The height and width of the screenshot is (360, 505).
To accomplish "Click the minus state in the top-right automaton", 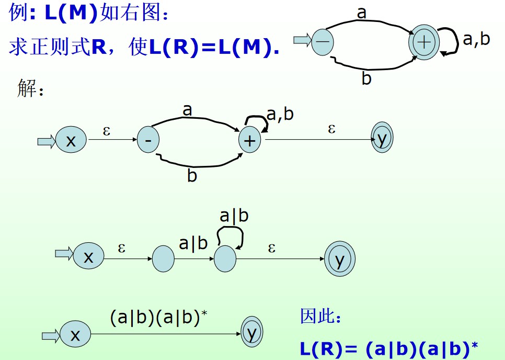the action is pos(323,41).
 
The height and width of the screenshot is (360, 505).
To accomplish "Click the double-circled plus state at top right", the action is pos(424,42).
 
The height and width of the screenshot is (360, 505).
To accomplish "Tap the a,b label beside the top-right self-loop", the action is pos(476,39).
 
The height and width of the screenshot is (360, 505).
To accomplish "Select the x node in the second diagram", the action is pos(71,140).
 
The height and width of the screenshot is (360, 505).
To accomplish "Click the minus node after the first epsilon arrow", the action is pos(148,140).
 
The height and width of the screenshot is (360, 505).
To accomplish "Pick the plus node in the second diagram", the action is pos(249,140).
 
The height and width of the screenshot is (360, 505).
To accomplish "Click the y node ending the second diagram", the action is pos(382,139).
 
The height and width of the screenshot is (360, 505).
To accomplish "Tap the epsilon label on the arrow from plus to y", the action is pos(331,129).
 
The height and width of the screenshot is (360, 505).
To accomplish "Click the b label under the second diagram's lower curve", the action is pos(192,176).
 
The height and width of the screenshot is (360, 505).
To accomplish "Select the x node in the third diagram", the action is pos(88,256).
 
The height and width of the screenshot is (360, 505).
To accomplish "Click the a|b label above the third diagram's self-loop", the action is pos(234,216).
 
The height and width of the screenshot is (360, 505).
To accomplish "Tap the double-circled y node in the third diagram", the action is pos(340,258).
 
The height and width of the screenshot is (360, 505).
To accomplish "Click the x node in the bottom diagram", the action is pos(75,335).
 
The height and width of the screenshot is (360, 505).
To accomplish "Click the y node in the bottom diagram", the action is pos(252,333).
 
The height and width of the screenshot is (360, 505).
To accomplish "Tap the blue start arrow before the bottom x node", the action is pos(51,335).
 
